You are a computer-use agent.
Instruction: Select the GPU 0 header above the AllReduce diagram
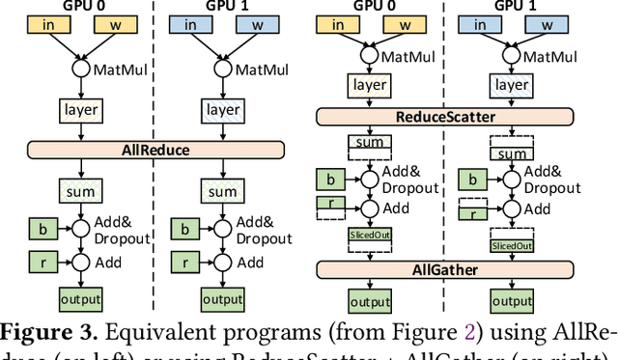(75, 8)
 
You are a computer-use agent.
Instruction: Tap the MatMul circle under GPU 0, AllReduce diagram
(75, 69)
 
